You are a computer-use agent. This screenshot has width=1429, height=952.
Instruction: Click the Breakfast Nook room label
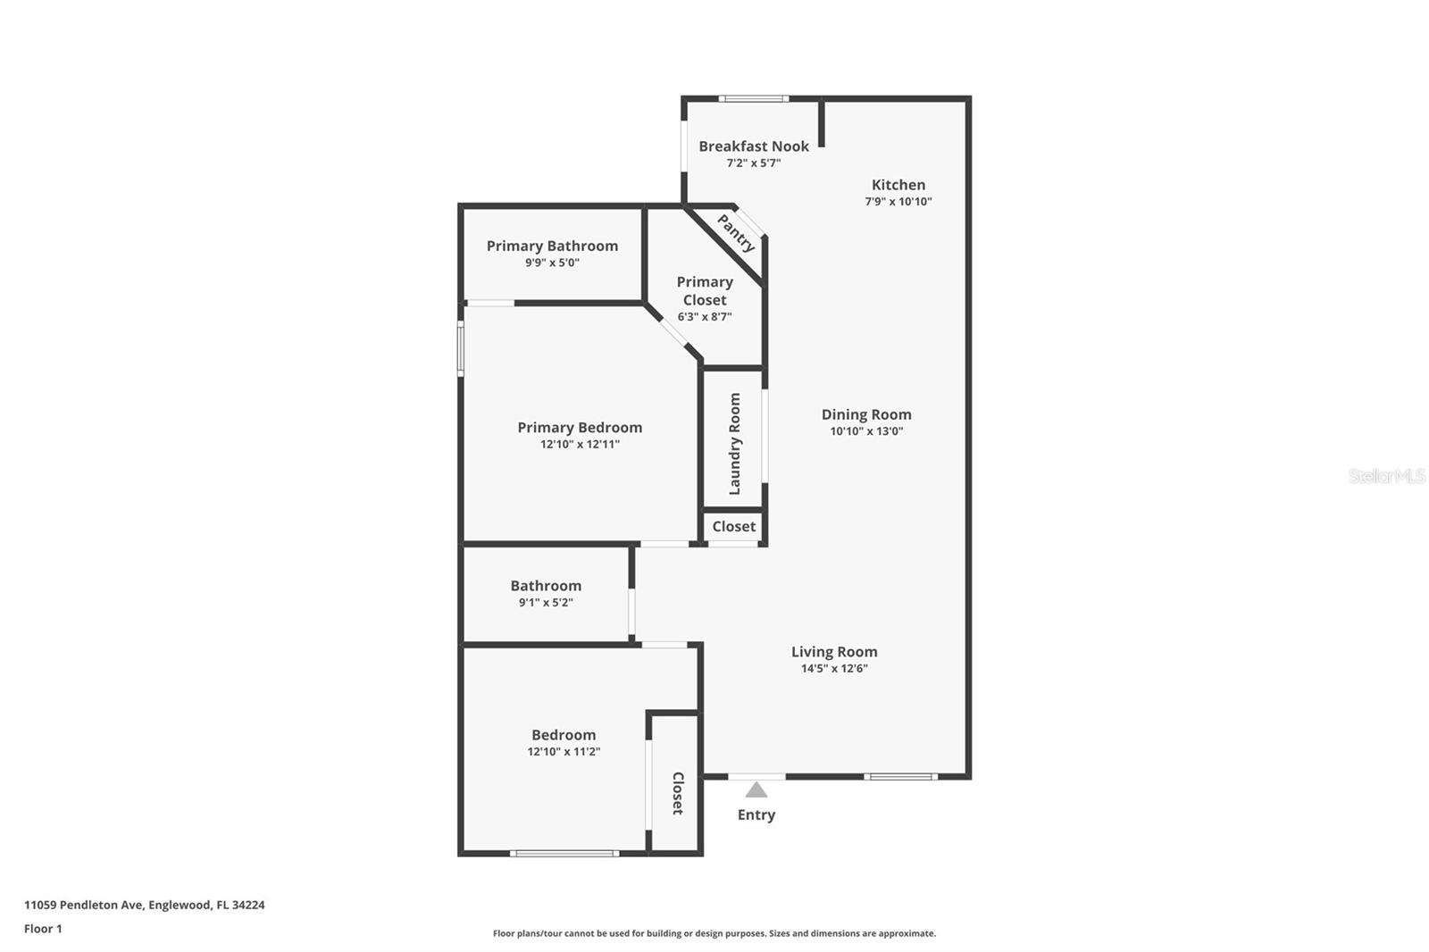pyautogui.click(x=754, y=146)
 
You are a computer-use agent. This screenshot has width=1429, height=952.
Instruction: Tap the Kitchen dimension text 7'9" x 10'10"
pyautogui.click(x=898, y=202)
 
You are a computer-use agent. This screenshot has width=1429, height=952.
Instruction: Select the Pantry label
pyautogui.click(x=736, y=233)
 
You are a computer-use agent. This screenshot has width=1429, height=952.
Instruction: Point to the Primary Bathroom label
pyautogui.click(x=553, y=246)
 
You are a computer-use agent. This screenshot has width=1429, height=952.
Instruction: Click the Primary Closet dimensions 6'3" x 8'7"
pyautogui.click(x=705, y=316)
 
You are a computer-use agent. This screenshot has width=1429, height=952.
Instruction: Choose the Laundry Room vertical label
pyautogui.click(x=734, y=444)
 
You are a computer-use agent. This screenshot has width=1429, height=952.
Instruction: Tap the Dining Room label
pyautogui.click(x=866, y=414)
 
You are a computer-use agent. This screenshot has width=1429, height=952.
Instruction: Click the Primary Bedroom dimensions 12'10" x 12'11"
pyautogui.click(x=580, y=444)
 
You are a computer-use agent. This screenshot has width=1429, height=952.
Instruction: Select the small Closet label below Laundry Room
pyautogui.click(x=733, y=526)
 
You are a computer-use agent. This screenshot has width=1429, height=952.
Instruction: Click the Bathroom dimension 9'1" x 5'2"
pyautogui.click(x=546, y=602)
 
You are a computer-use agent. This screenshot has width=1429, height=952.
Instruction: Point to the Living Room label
pyautogui.click(x=834, y=652)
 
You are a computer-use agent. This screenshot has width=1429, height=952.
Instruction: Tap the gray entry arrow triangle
pyautogui.click(x=756, y=790)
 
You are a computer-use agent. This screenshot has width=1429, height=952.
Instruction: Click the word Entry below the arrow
pyautogui.click(x=756, y=814)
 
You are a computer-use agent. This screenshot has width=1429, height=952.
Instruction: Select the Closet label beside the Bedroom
pyautogui.click(x=678, y=793)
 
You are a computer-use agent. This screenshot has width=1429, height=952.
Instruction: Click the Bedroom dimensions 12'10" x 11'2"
pyautogui.click(x=564, y=752)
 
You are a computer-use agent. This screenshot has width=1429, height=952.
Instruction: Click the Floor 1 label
pyautogui.click(x=44, y=929)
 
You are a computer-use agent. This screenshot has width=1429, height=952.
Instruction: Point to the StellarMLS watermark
pyautogui.click(x=1387, y=475)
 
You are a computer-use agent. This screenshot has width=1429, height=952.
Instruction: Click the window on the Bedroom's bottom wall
pyautogui.click(x=564, y=854)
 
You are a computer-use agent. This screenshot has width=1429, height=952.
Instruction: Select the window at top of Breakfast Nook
pyautogui.click(x=754, y=99)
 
